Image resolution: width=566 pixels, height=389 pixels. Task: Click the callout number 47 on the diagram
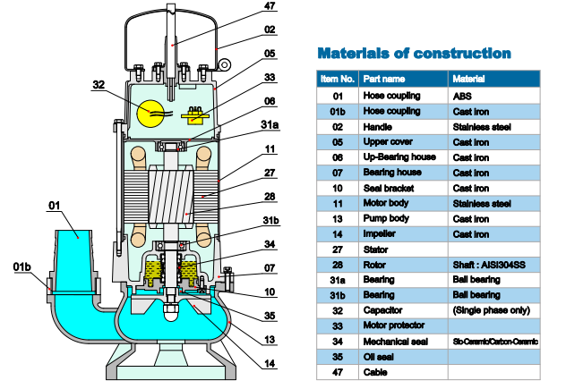[x=268, y=8]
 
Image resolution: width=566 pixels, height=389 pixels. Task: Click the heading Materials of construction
[x=415, y=53]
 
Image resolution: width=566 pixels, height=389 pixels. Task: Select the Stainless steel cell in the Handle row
[x=482, y=127]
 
